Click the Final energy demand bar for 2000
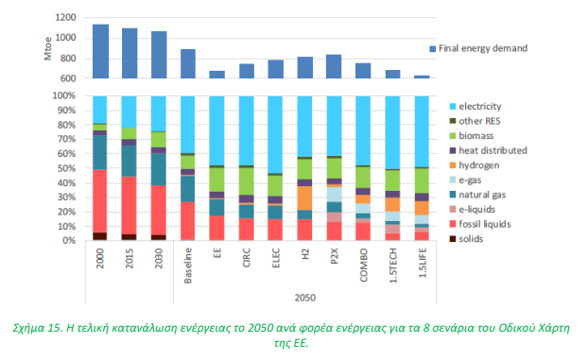100,51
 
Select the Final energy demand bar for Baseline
188,63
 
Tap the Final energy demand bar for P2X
334,66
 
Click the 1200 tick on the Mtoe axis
65,17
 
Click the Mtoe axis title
47,48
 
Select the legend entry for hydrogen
475,165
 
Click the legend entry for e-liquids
473,209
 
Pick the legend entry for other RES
475,121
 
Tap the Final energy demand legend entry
478,48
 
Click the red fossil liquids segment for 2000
100,201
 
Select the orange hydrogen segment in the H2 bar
304,198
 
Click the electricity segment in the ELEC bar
275,134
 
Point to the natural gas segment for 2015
129,161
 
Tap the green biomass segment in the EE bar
216,180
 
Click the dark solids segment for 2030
159,238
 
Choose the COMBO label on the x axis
363,265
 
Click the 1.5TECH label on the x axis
393,266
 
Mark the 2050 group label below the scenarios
305,298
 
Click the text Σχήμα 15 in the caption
37,328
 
